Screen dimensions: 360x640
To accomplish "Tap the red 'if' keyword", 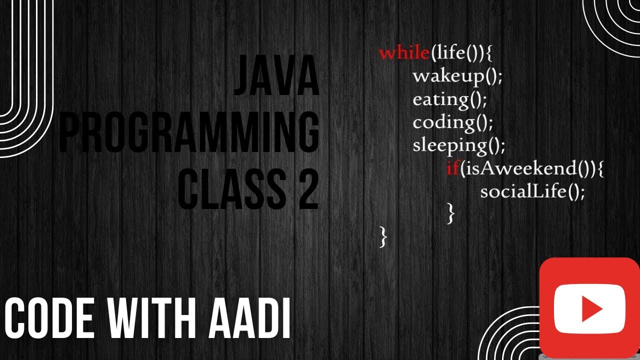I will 452,169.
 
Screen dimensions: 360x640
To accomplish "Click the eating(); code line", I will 449,99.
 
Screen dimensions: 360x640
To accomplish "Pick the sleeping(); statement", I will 459,145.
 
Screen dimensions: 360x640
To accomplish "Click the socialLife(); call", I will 532,191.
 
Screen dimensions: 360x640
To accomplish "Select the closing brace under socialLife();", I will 451,214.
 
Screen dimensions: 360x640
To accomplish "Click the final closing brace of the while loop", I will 383,237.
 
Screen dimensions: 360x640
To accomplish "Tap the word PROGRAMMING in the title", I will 189,132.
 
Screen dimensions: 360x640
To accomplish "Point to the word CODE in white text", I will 49,318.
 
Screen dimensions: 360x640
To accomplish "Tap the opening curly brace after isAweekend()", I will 600,169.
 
